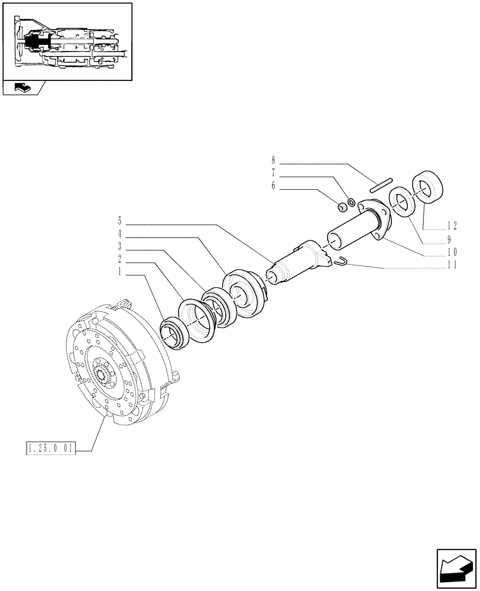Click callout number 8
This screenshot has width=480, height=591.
[274, 160]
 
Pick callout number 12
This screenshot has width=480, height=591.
[452, 225]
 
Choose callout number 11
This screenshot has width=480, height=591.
[452, 265]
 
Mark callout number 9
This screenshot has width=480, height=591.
[449, 239]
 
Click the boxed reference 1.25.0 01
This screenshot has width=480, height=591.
[51, 449]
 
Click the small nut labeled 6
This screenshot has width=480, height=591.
[342, 207]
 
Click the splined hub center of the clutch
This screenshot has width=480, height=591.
[106, 376]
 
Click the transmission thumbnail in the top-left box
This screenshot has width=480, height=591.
[66, 41]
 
